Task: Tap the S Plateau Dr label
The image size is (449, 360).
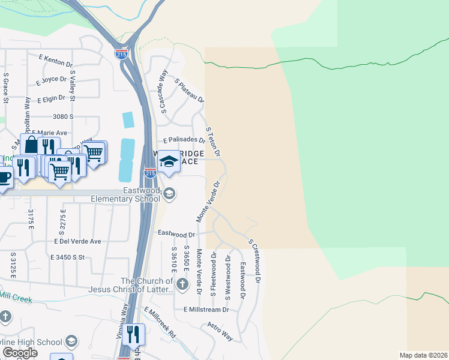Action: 189,90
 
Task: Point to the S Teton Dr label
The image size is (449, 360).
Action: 213,142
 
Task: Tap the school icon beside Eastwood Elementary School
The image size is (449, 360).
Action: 170,193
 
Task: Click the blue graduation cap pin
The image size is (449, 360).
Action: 169,161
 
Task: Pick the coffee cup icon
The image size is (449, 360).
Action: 4,178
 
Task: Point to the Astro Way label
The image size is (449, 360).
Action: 220,331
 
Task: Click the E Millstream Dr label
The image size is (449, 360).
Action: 206,310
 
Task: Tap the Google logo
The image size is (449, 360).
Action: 20,353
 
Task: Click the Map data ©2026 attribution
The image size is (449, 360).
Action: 424,355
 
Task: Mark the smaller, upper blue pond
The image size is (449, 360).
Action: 128,120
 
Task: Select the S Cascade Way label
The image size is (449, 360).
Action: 163,90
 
